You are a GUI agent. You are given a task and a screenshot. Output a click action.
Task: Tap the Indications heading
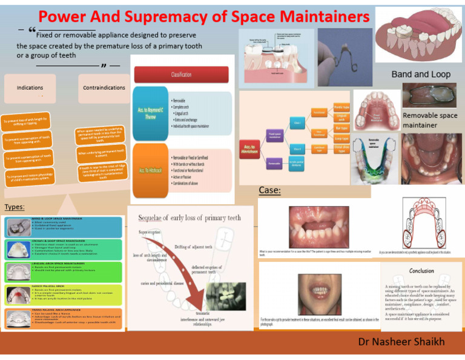[x=30, y=88]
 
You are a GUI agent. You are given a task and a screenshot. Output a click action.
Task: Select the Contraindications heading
[x=104, y=88]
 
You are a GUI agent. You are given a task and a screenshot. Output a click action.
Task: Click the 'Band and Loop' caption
[x=421, y=75]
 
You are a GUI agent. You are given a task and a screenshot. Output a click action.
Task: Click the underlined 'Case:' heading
[x=269, y=191]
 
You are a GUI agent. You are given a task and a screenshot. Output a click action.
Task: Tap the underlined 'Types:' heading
[x=15, y=207]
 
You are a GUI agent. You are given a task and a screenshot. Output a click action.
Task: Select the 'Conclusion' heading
[x=421, y=271]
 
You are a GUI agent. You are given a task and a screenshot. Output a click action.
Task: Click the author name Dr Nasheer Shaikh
[x=401, y=342]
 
